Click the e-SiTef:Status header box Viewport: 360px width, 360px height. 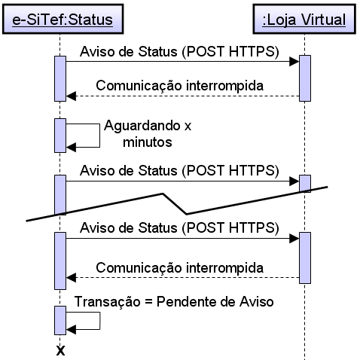point(63,19)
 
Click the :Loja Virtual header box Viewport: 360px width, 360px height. point(304,19)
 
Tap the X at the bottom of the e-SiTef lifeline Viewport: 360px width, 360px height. point(60,350)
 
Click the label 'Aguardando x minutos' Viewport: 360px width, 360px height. point(148,133)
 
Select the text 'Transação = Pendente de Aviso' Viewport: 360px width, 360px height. point(174,301)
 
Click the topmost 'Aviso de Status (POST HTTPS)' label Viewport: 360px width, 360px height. point(179,52)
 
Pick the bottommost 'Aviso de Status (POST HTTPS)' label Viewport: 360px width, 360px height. point(179,228)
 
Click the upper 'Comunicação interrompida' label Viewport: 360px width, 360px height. point(180,86)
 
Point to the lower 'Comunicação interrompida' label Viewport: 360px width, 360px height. point(180,267)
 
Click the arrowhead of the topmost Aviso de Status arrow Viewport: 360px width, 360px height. point(294,61)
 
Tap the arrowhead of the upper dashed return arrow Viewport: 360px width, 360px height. point(71,96)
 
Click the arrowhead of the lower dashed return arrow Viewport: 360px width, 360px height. point(71,278)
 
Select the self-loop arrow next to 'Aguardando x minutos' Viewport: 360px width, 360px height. point(99,136)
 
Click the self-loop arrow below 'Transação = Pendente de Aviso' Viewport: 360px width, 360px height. point(100,321)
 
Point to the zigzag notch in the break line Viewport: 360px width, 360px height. point(175,203)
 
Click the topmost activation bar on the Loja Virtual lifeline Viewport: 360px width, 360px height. point(305,78)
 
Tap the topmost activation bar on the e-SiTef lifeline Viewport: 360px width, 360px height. point(60,78)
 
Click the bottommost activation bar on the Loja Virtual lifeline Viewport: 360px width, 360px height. point(305,258)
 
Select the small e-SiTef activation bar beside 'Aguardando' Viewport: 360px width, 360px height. point(60,136)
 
